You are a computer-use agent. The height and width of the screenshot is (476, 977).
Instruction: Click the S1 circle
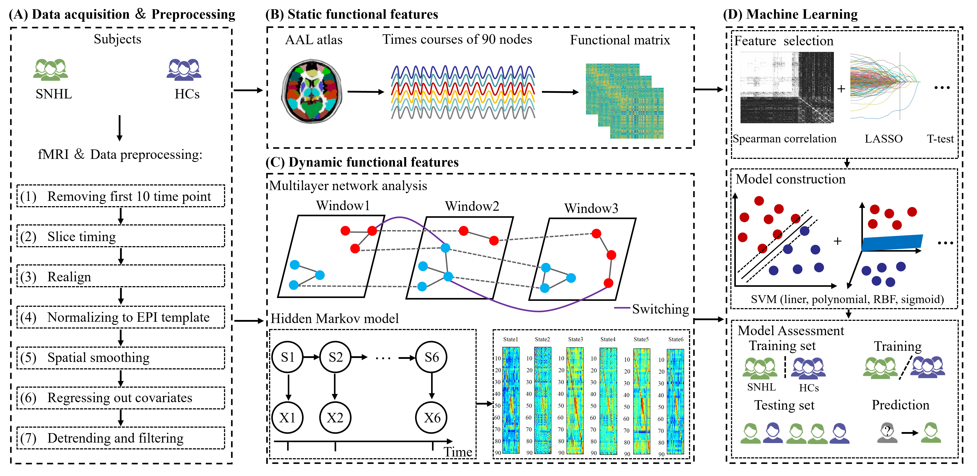(287, 357)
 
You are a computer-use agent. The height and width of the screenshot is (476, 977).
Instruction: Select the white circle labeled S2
(335, 357)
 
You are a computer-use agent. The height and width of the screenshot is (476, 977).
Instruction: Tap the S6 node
(431, 357)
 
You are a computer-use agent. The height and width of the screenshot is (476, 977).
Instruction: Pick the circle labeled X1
(287, 418)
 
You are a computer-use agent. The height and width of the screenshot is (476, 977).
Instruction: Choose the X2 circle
(335, 418)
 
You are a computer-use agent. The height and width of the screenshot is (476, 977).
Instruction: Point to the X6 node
(431, 418)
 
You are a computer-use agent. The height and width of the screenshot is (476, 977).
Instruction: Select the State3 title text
(575, 339)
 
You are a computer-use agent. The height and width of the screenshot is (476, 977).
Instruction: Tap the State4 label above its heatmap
(608, 339)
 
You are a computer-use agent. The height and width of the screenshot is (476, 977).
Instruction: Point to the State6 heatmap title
(676, 339)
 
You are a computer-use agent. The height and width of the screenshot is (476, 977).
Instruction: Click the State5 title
(641, 339)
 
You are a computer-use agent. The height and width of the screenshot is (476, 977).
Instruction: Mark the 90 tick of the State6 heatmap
(661, 454)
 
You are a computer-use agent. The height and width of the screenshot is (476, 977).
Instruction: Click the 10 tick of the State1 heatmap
(498, 358)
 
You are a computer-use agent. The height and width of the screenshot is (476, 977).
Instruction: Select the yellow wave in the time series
(463, 97)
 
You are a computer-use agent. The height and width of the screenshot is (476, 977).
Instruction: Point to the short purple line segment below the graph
(622, 308)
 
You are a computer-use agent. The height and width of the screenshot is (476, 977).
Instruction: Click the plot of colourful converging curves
(884, 86)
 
